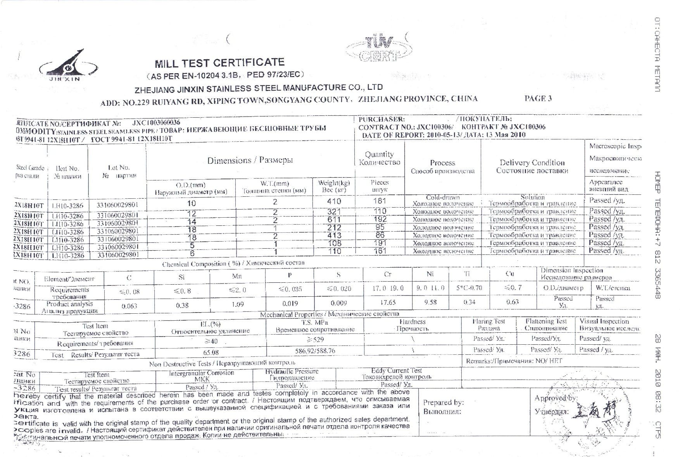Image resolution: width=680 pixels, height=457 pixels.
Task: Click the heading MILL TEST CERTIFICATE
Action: pyautogui.click(x=219, y=63)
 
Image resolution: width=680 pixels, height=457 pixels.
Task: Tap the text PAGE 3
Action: pyautogui.click(x=538, y=98)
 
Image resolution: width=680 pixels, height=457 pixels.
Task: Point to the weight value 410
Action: pyautogui.click(x=334, y=201)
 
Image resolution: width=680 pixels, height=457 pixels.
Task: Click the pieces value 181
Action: pyautogui.click(x=380, y=201)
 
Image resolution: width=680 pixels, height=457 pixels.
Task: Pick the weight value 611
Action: pyautogui.click(x=334, y=220)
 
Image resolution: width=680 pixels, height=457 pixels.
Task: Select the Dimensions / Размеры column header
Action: pyautogui.click(x=250, y=160)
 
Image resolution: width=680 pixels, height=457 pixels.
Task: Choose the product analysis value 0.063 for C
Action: pyautogui.click(x=129, y=306)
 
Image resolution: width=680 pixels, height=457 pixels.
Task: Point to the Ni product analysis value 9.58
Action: pyautogui.click(x=430, y=302)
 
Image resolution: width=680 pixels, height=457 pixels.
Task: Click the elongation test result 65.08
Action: pyautogui.click(x=211, y=352)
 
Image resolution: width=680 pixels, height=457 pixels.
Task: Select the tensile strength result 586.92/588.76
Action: pyautogui.click(x=315, y=351)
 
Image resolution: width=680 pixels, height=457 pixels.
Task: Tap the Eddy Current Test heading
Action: pyautogui.click(x=396, y=371)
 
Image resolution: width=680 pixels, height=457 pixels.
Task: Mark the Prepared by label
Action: pyautogui.click(x=443, y=402)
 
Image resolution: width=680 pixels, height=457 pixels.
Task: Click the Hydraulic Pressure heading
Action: pyautogui.click(x=292, y=371)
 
